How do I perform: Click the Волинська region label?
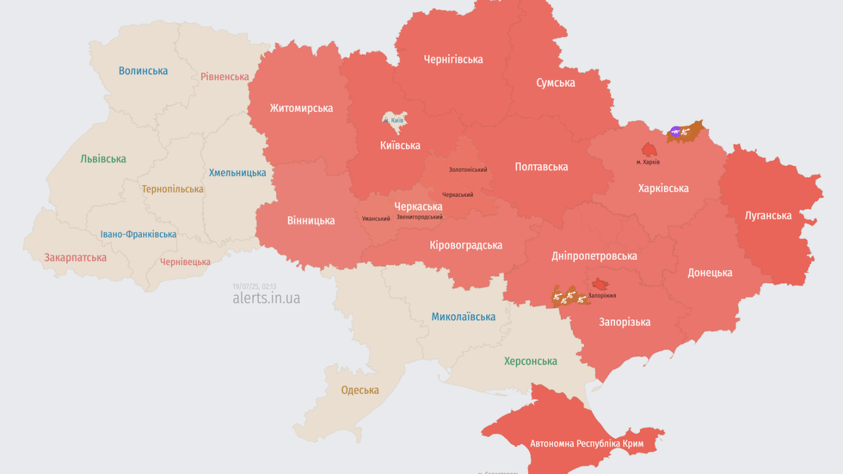(143, 70)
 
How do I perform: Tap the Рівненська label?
(225, 76)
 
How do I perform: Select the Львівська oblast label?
(103, 159)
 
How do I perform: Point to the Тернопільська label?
(173, 189)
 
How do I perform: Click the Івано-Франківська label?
(138, 234)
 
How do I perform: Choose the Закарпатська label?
(75, 257)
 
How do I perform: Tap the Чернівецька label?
(185, 261)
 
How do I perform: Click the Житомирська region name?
(301, 108)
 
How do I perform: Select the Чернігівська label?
(453, 59)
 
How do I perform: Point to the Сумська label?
(555, 82)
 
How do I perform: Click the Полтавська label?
(541, 167)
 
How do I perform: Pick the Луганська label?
(768, 215)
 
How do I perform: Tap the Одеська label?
(360, 390)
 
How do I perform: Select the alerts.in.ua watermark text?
(266, 298)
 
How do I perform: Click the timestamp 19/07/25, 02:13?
(254, 286)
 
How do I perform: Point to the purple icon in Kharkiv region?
(675, 132)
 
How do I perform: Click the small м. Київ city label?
(393, 120)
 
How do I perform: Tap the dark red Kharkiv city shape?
(649, 150)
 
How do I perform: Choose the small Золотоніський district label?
(468, 170)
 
